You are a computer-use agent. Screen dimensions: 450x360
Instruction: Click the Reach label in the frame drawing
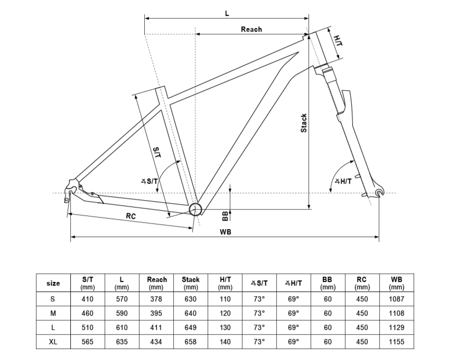[251, 29]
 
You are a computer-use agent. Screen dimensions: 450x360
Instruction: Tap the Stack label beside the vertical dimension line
[304, 123]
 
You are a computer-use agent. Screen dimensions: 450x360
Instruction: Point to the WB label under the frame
[226, 232]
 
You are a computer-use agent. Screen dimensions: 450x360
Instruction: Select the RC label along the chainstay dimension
[131, 216]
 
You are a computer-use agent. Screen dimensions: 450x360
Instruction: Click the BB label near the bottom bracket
[226, 216]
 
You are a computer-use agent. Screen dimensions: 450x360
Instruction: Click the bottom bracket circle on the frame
[195, 210]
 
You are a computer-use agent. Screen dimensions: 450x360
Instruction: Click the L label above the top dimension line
[227, 13]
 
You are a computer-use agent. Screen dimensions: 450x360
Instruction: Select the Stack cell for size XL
[191, 342]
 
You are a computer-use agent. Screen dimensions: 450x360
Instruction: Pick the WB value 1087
[396, 299]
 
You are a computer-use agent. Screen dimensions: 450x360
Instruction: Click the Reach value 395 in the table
[156, 313]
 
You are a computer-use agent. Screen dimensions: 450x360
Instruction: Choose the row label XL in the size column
[53, 342]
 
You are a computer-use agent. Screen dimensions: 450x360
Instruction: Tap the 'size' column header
[53, 283]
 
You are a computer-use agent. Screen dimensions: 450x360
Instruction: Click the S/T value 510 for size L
[87, 327]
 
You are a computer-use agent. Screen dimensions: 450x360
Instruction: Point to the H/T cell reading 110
[225, 299]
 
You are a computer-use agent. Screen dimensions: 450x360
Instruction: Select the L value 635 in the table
[121, 342]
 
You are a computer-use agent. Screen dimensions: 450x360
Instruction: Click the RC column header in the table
[362, 283]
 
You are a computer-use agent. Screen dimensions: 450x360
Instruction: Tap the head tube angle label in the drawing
[343, 181]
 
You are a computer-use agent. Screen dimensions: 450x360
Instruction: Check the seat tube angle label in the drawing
[149, 181]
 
